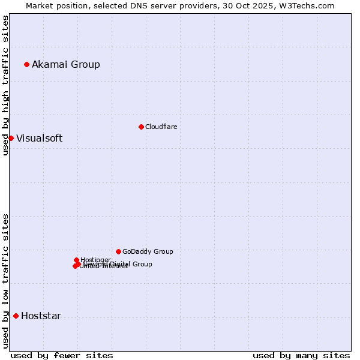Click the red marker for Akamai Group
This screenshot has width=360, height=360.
[x=26, y=64]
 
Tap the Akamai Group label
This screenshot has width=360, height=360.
[x=66, y=64]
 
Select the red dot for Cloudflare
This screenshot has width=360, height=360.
[x=141, y=127]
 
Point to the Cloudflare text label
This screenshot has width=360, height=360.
[x=161, y=127]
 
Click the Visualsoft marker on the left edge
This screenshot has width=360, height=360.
[x=11, y=138]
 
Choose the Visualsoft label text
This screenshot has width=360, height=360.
[x=39, y=138]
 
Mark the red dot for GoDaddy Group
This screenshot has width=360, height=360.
[x=118, y=251]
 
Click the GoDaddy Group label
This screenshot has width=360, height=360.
[x=148, y=251]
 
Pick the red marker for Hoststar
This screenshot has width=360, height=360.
[x=16, y=316]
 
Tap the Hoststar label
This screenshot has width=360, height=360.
[x=41, y=316]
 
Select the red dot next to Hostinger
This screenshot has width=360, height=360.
[x=76, y=260]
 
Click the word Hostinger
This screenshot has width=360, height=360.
[x=95, y=260]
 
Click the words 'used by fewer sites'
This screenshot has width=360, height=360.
[x=62, y=355]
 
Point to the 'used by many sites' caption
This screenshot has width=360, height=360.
[x=301, y=355]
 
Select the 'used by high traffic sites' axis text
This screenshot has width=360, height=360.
[x=5, y=85]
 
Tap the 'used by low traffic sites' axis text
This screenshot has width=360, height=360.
[x=5, y=281]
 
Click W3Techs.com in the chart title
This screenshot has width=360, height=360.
[x=309, y=5]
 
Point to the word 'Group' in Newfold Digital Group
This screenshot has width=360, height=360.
[x=142, y=264]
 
